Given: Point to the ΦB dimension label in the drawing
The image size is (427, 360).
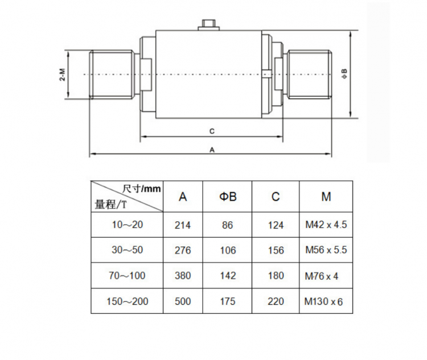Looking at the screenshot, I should [x=344, y=74].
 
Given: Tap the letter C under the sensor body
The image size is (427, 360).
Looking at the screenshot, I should [x=211, y=131].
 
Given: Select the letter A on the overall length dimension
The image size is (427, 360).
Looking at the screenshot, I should [x=212, y=150].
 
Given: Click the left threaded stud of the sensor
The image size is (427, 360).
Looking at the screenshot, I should [x=111, y=74].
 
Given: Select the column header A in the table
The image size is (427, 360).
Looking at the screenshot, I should [x=183, y=197].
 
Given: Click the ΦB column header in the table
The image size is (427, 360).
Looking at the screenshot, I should [x=228, y=197].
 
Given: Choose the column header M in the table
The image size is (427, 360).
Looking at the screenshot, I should [x=326, y=197].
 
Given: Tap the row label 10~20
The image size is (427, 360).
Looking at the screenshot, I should [x=128, y=225].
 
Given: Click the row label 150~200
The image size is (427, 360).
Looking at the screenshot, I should [x=128, y=301].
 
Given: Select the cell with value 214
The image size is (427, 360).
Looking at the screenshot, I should [x=183, y=225].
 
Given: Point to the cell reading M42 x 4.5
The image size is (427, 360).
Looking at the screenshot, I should [x=326, y=225].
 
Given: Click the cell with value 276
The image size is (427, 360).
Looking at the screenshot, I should [x=183, y=250].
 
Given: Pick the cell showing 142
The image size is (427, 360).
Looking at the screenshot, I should [x=228, y=276].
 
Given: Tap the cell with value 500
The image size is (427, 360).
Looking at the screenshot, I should [x=183, y=301].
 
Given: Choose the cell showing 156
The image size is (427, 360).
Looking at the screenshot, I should [x=276, y=250].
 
